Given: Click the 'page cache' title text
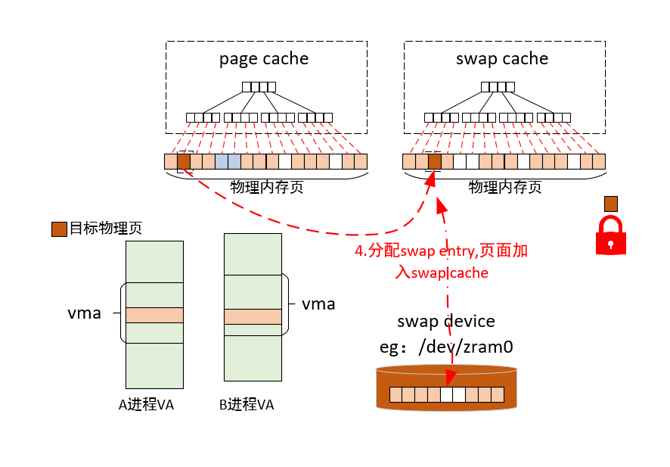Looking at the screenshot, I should (264, 59).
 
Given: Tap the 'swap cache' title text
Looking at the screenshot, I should (502, 59).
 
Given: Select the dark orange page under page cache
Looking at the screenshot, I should (184, 161).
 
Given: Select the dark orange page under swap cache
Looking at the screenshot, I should (434, 161).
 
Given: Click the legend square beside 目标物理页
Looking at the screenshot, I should (59, 229).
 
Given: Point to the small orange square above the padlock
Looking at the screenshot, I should (610, 203).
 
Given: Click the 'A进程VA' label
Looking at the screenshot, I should (146, 405).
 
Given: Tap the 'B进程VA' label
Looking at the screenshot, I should (247, 405).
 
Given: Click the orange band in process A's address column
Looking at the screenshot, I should (154, 315).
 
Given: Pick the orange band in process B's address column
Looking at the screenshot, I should (253, 316).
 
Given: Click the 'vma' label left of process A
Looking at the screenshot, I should (83, 313).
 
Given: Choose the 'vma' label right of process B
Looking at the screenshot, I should (318, 304).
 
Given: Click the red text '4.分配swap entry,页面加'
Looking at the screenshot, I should (442, 252).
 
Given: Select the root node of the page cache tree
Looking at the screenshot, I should (259, 86).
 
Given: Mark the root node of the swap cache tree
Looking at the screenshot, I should (497, 86).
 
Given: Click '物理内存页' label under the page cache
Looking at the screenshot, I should (267, 187).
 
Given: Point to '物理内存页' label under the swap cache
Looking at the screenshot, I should (505, 187).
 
